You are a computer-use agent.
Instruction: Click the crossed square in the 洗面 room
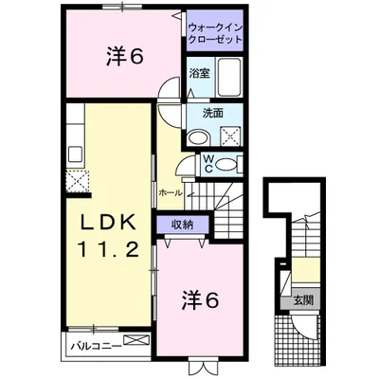coord(232,133)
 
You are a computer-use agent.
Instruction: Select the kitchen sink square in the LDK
coord(76,152)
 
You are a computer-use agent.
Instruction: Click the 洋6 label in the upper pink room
coord(123,57)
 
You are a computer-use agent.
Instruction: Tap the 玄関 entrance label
coord(309,301)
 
